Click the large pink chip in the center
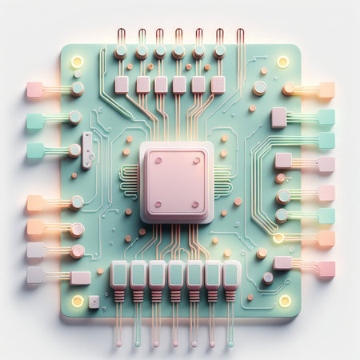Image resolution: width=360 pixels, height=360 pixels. pyautogui.click(x=177, y=182)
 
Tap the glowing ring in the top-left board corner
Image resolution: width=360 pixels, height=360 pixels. pyautogui.click(x=78, y=62)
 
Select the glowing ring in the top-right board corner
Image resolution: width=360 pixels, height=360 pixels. pyautogui.click(x=282, y=62)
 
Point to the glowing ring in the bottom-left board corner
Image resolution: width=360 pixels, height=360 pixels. pyautogui.click(x=78, y=301)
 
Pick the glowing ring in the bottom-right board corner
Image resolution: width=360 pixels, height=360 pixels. pyautogui.click(x=285, y=301)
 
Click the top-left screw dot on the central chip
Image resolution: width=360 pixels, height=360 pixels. pyautogui.click(x=158, y=160)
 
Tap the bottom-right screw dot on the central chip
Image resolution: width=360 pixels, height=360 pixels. pyautogui.click(x=197, y=203)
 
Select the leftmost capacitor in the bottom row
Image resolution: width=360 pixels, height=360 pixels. pyautogui.click(x=119, y=275)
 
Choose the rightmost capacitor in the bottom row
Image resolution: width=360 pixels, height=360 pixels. pyautogui.click(x=231, y=275)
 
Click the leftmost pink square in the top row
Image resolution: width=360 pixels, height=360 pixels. pyautogui.click(x=122, y=85)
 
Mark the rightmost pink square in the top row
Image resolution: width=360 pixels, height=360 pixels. pyautogui.click(x=218, y=85)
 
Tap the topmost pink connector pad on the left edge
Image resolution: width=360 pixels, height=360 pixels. pyautogui.click(x=34, y=90)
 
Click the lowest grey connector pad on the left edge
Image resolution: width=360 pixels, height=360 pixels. pyautogui.click(x=35, y=275)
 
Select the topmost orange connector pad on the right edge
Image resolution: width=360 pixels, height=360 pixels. pyautogui.click(x=326, y=90)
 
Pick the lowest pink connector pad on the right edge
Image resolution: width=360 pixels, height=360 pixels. pyautogui.click(x=326, y=269)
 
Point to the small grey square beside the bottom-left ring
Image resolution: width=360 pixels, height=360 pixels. pyautogui.click(x=94, y=302)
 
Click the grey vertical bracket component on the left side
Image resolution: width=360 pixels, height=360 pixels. pyautogui.click(x=87, y=150)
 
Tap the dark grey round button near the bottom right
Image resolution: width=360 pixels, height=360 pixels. pyautogui.click(x=267, y=278)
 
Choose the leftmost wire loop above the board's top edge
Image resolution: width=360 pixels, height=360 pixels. pyautogui.click(x=121, y=37)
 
